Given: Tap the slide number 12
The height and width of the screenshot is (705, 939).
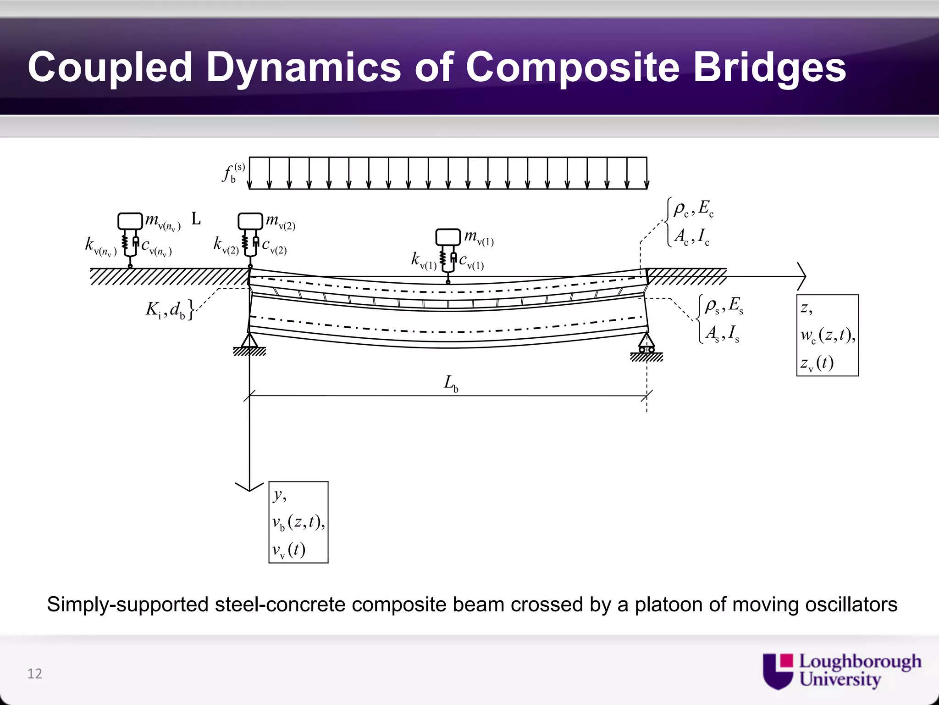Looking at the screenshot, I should (35, 673).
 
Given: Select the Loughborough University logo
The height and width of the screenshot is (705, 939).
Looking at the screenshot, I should (841, 671).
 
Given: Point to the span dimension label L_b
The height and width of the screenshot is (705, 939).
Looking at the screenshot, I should (451, 383).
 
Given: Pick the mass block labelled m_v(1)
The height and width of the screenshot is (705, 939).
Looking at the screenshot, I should (448, 237).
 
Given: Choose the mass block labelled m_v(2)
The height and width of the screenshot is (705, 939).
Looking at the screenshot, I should (250, 221).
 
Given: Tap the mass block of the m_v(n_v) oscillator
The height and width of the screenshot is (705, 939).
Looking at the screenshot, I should (130, 221).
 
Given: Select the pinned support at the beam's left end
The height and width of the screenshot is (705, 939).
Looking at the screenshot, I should (249, 342).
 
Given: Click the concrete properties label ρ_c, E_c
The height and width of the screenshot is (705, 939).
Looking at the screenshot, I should (693, 209).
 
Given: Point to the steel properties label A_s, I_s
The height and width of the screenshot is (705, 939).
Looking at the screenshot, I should (722, 333).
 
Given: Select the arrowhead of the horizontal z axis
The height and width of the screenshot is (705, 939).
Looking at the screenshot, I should (802, 276).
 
